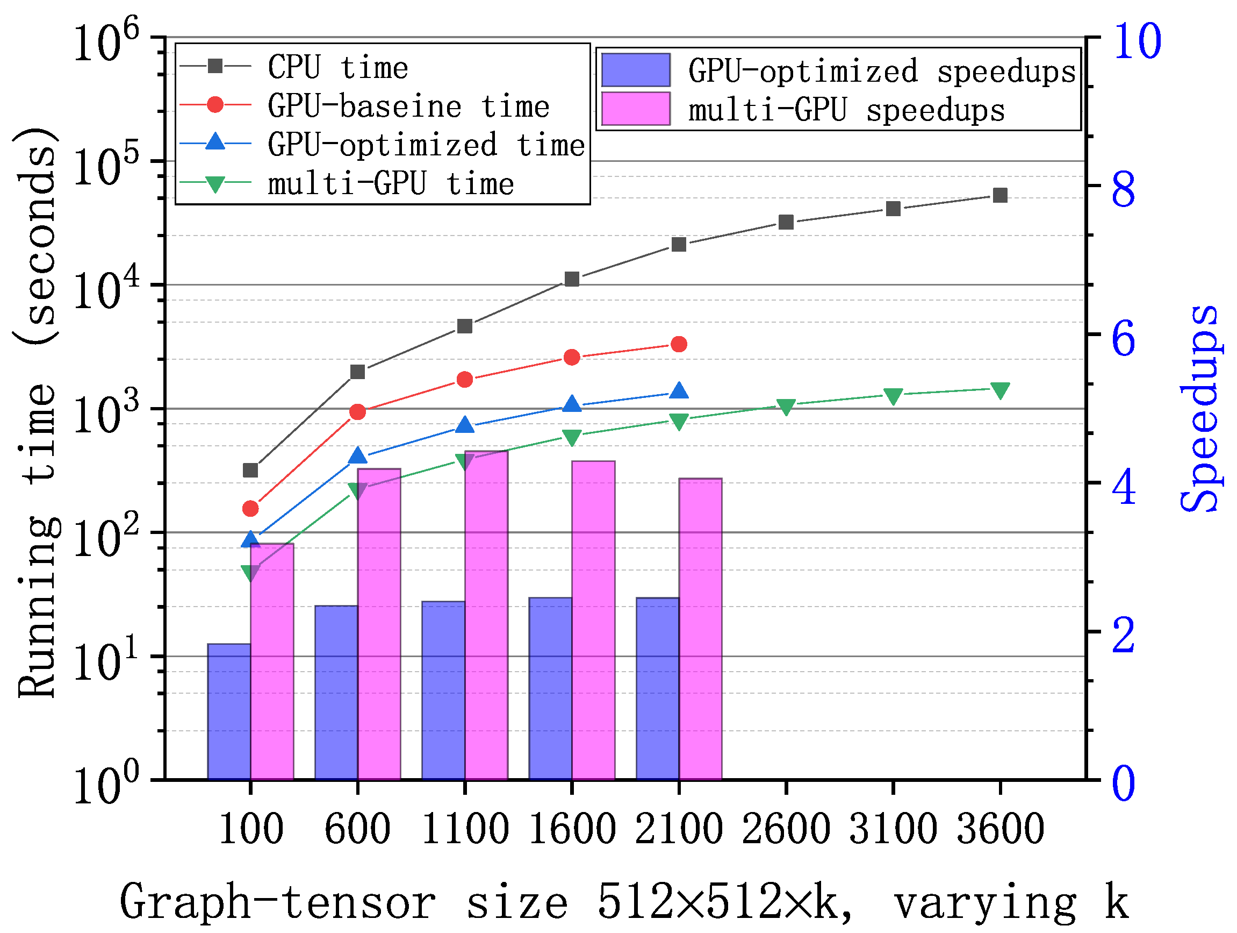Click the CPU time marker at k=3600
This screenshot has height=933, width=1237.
click(1000, 195)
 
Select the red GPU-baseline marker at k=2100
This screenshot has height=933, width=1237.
click(679, 344)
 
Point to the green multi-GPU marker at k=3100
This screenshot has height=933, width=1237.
click(893, 396)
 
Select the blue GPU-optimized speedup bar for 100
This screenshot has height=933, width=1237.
click(229, 711)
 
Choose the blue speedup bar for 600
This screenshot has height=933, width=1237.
click(336, 692)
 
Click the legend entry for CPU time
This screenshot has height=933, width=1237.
click(338, 67)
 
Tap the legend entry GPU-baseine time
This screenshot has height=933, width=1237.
click(408, 106)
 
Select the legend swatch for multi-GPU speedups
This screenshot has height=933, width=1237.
click(636, 109)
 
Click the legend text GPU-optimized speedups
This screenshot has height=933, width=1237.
click(882, 71)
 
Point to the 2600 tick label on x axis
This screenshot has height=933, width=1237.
click(786, 829)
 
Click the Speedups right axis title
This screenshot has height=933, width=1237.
click(1199, 409)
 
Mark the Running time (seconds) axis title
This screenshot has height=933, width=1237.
click(37, 413)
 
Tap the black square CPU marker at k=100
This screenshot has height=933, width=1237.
click(250, 470)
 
